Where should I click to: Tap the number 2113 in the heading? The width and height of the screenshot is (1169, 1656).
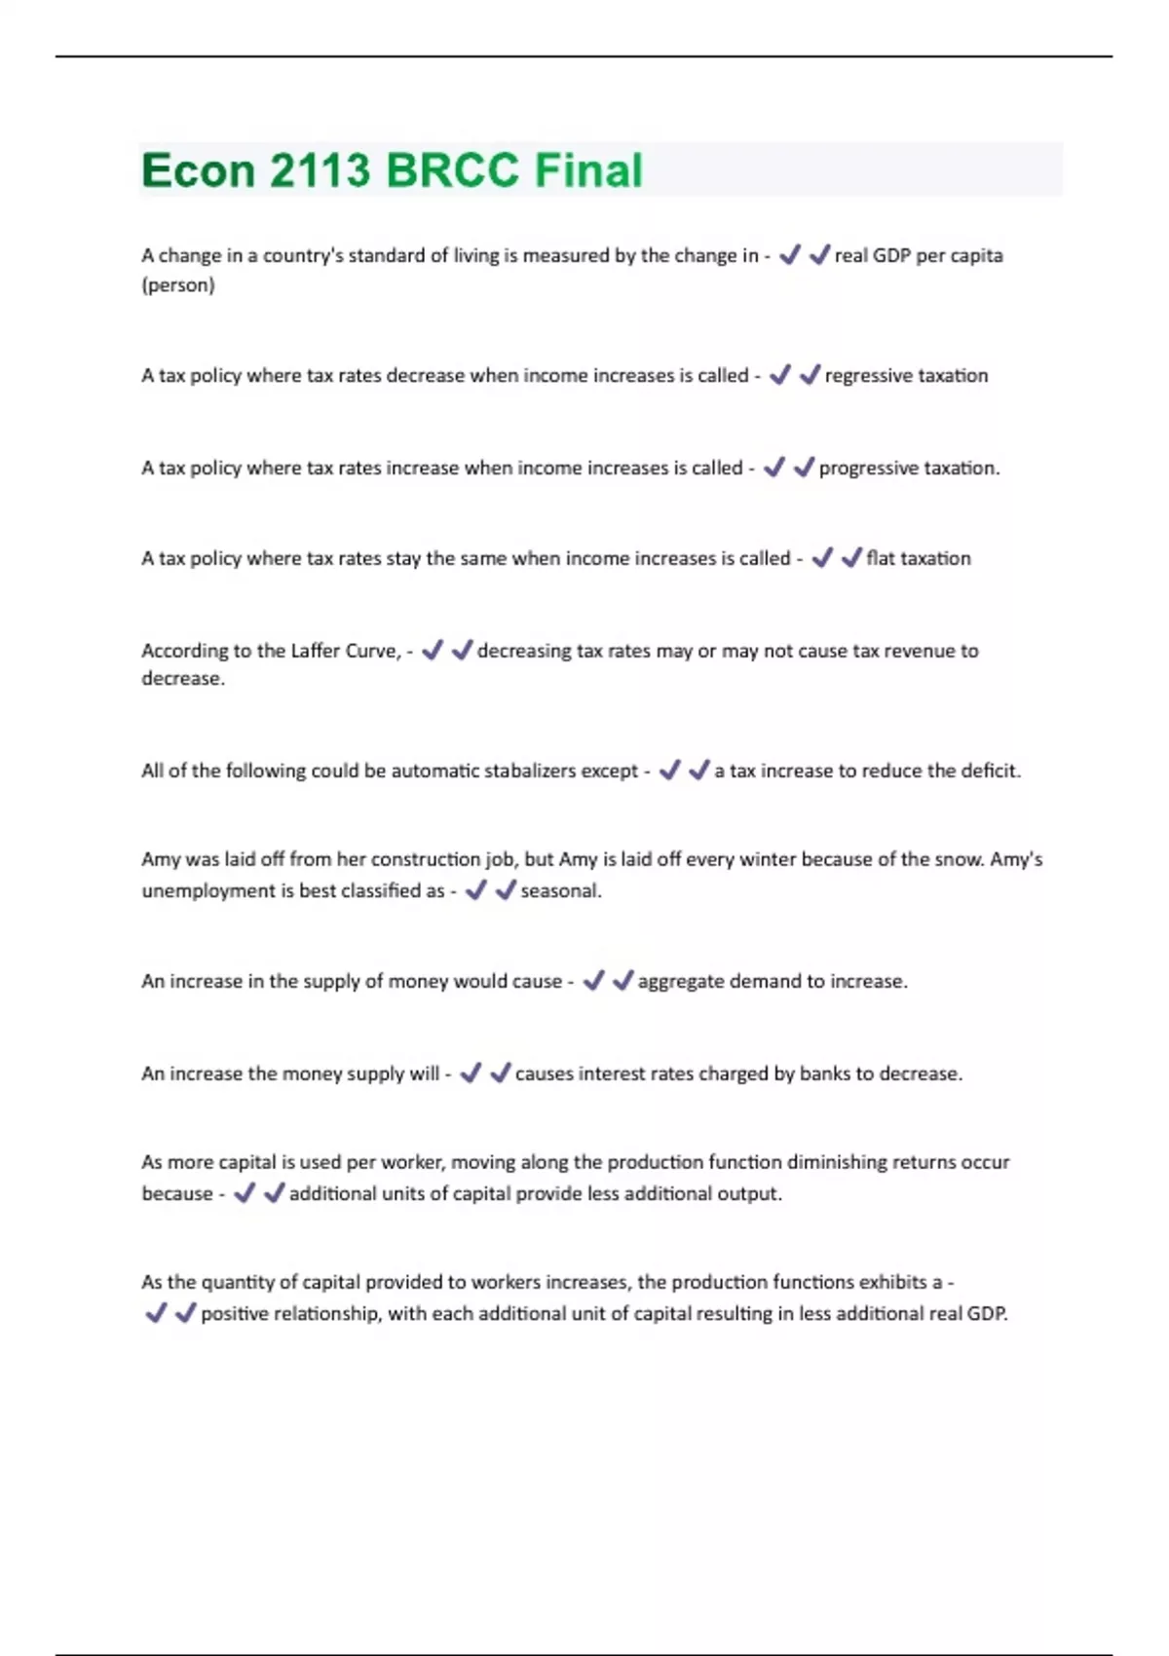pyautogui.click(x=320, y=170)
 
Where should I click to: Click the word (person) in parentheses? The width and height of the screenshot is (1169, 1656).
pyautogui.click(x=178, y=285)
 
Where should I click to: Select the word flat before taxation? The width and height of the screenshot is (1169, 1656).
pyautogui.click(x=880, y=558)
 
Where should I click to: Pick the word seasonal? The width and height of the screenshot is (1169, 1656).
pyautogui.click(x=560, y=890)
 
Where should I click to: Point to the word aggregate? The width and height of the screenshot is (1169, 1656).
pyautogui.click(x=681, y=981)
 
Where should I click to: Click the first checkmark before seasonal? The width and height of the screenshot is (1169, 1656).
pyautogui.click(x=475, y=890)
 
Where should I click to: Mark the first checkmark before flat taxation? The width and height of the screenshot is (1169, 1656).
pyautogui.click(x=822, y=558)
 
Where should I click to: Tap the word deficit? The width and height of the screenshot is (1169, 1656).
pyautogui.click(x=990, y=771)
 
